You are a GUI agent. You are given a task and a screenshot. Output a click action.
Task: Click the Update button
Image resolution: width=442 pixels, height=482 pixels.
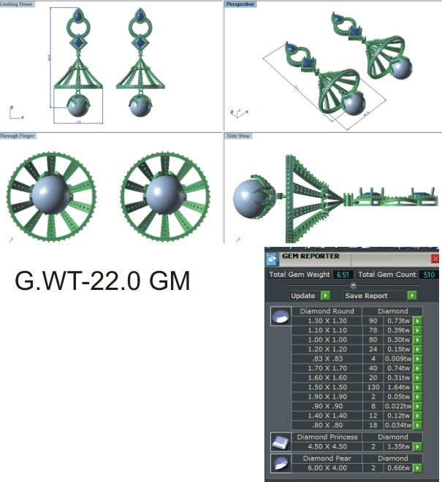(302, 296)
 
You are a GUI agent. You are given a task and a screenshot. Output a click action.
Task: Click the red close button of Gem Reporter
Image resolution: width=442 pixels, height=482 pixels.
(435, 259)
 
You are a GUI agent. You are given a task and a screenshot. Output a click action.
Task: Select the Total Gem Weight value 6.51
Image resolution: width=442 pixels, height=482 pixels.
(343, 275)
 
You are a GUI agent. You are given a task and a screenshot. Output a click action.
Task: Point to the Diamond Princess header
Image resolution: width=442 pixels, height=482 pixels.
(327, 437)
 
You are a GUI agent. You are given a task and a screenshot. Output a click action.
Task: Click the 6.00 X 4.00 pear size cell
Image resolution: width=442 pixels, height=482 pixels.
(327, 467)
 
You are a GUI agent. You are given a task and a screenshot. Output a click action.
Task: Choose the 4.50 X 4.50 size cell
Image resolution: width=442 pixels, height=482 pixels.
(327, 446)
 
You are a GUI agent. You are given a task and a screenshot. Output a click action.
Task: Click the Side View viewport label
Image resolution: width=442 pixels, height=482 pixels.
(239, 136)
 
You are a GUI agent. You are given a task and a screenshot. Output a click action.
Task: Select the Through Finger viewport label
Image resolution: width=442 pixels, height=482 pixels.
(18, 136)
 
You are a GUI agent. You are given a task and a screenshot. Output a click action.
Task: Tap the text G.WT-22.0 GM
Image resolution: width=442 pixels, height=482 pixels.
(103, 280)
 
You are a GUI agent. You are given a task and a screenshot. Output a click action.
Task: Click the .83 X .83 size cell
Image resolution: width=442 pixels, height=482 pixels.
(327, 358)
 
